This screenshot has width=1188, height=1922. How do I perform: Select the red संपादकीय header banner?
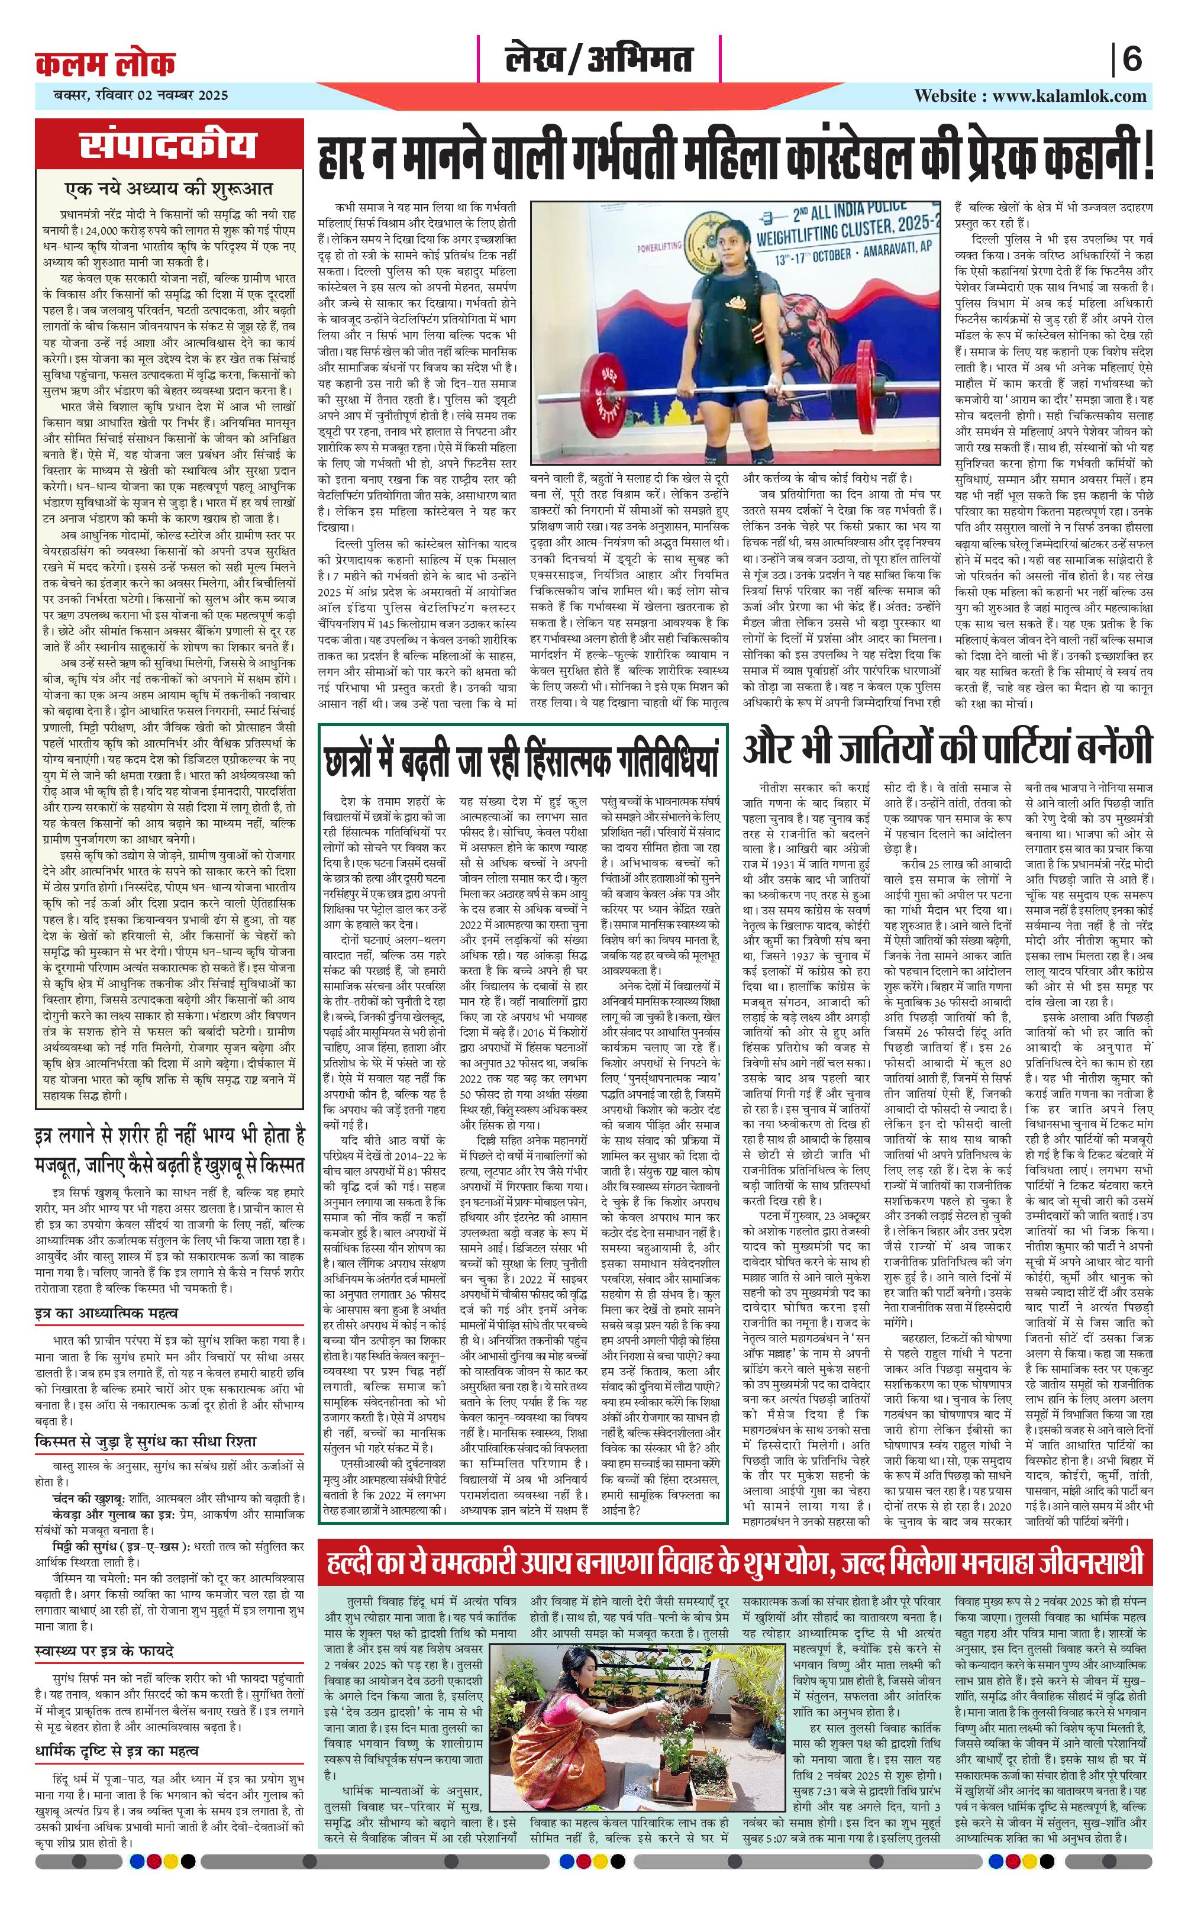[168, 146]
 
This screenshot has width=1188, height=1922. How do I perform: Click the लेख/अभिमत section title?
[599, 60]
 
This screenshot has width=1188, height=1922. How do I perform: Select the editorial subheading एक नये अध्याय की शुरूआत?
[168, 189]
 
